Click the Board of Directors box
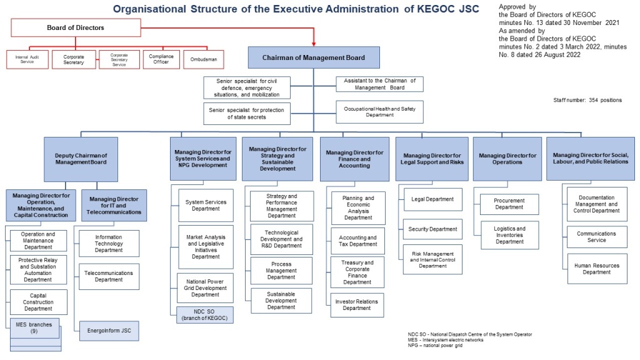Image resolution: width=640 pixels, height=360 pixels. [x=76, y=27]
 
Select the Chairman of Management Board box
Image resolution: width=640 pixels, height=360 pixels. [x=314, y=57]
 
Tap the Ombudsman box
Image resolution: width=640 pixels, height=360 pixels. [x=203, y=59]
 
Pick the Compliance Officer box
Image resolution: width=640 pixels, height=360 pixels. [x=160, y=59]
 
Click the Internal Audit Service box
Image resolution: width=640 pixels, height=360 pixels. [x=27, y=59]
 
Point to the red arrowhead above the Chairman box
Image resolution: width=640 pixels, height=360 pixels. [x=314, y=43]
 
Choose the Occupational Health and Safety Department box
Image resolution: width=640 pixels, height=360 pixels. [x=379, y=112]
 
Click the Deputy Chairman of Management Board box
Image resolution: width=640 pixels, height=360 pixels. [x=81, y=159]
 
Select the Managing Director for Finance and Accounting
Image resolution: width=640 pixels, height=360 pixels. [x=354, y=159]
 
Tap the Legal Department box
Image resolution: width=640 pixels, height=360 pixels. [x=432, y=199]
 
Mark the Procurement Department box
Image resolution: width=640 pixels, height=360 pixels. [x=509, y=204]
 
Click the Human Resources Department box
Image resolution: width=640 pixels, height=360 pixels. [x=596, y=269]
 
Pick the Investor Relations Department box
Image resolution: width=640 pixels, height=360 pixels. [x=357, y=305]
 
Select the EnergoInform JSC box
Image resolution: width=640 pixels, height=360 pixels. [x=109, y=331]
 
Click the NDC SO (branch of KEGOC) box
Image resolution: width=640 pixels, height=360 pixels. [x=205, y=314]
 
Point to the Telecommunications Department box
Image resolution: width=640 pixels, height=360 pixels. [x=109, y=276]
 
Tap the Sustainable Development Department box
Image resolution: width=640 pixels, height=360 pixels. [x=281, y=300]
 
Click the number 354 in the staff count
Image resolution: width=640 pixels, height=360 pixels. [x=594, y=100]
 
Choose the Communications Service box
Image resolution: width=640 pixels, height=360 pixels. [x=596, y=237]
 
